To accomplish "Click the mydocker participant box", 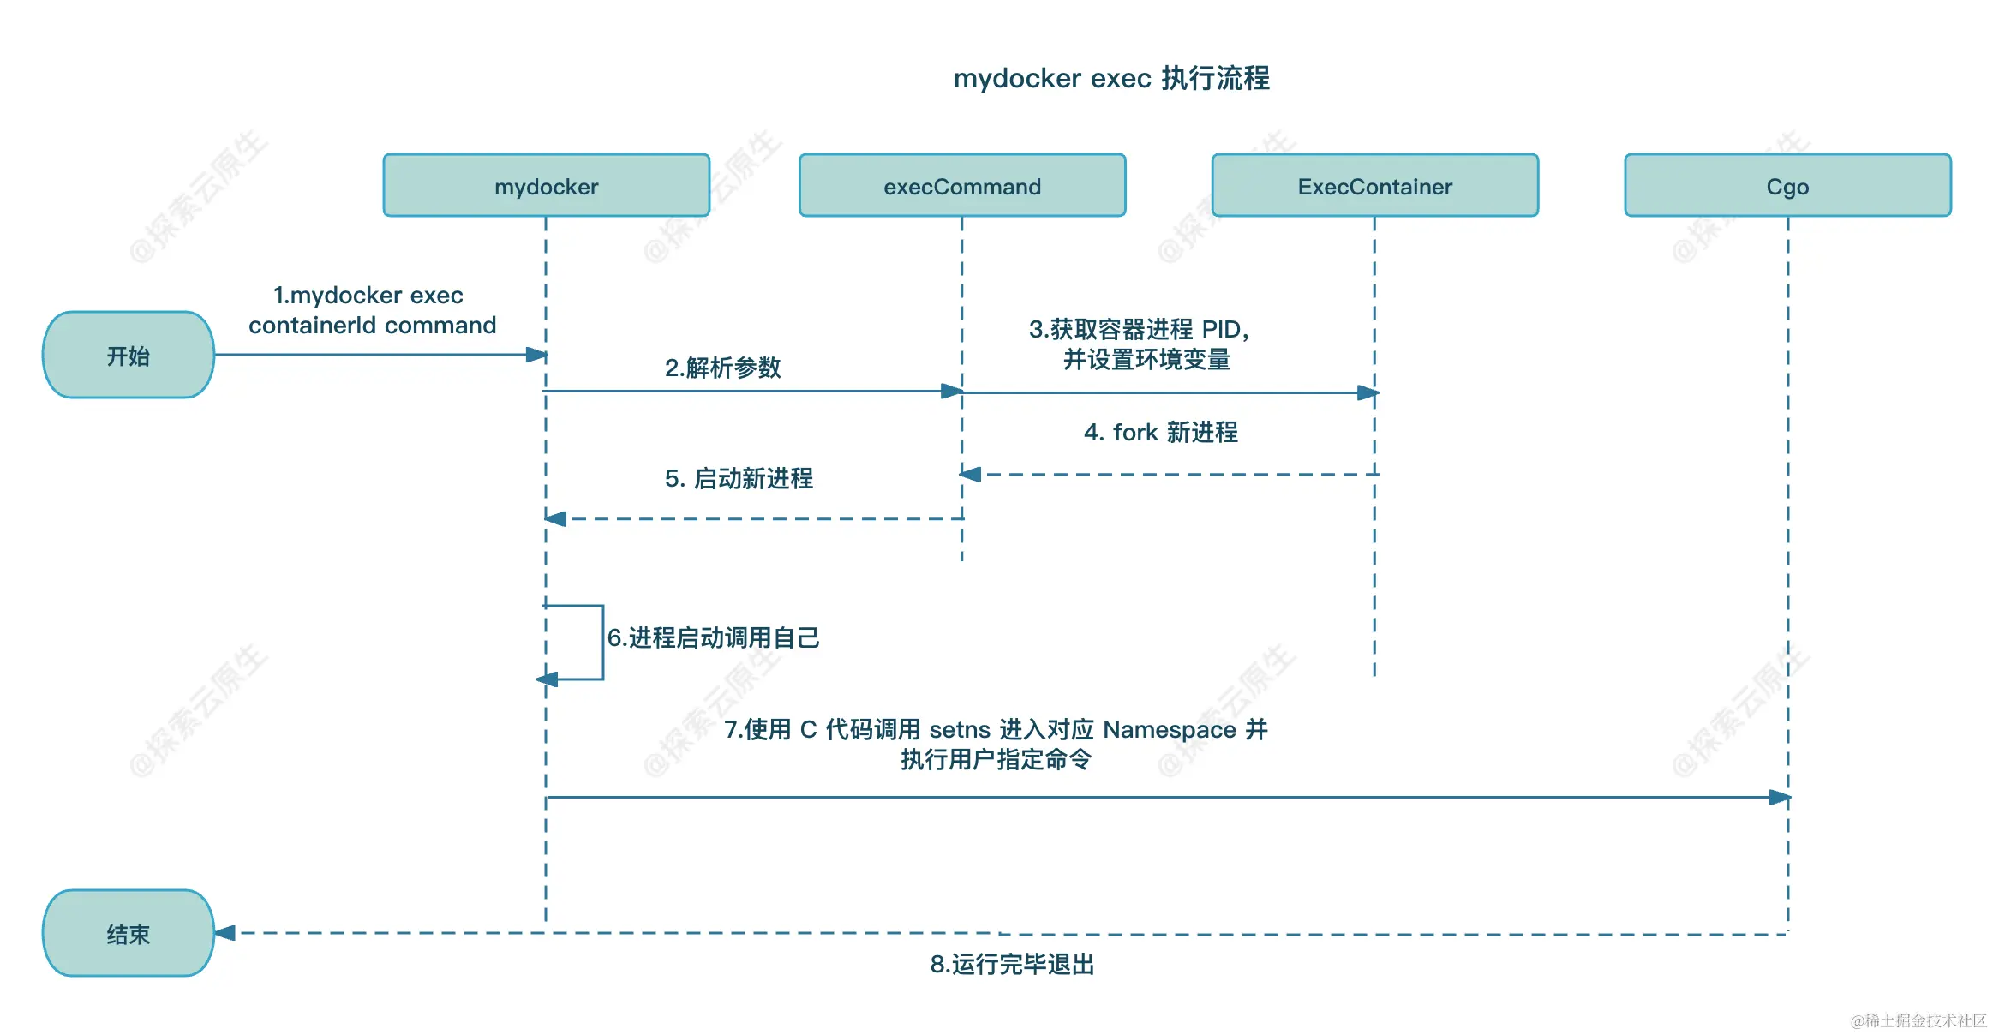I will [546, 186].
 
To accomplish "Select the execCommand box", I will [961, 186].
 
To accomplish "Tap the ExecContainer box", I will [1374, 186].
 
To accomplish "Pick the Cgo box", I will [1787, 186].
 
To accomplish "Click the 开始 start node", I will [128, 355].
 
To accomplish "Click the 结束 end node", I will [128, 933].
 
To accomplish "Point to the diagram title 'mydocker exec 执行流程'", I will [1111, 78].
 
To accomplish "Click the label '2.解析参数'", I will [722, 368].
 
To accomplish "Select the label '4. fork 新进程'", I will [1160, 432].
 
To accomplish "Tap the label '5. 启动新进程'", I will [739, 478].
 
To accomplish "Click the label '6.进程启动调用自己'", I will [713, 637].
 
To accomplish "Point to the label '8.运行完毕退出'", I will [1012, 965].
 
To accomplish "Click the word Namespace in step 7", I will [1169, 730].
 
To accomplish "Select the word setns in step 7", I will [960, 730].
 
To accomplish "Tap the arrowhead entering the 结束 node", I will [225, 933].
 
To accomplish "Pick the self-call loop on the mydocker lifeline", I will [602, 643].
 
